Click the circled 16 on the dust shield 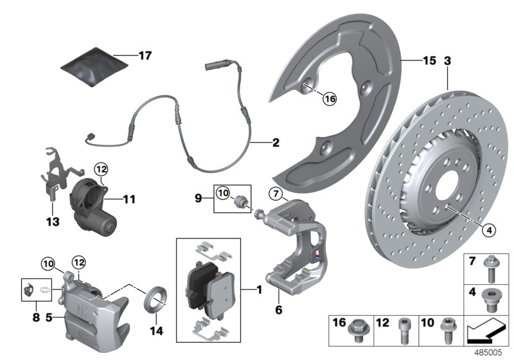[330, 98]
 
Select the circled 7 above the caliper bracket [275, 193]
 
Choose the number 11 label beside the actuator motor [128, 199]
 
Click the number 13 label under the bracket [52, 222]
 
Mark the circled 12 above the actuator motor [101, 170]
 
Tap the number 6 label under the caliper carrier [279, 310]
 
